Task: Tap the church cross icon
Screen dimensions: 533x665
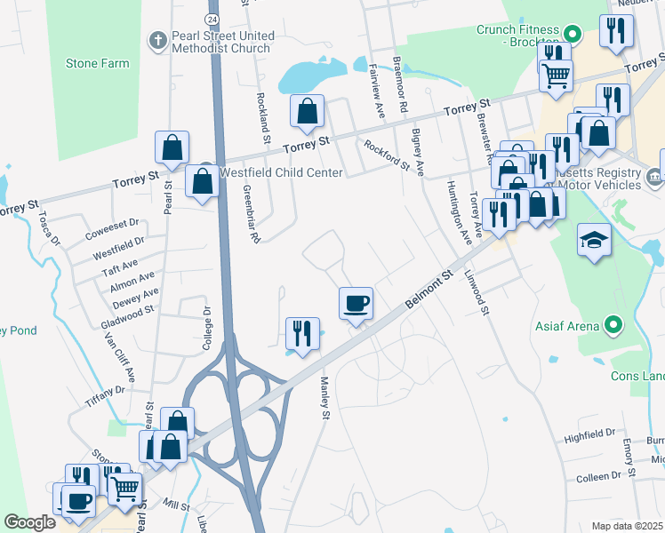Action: pos(157,41)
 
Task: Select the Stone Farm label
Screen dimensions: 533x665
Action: pos(97,64)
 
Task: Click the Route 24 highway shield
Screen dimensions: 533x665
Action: pos(211,19)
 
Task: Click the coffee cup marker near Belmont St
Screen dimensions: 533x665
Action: pos(356,304)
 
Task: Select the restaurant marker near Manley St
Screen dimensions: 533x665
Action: pos(302,333)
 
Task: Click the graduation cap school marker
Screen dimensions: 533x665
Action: pos(594,240)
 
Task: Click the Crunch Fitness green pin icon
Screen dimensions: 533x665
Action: pos(573,36)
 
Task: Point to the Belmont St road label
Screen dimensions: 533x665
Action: pos(429,290)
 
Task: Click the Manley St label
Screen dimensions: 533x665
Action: pos(324,397)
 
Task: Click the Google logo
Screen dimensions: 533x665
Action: pos(29,522)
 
